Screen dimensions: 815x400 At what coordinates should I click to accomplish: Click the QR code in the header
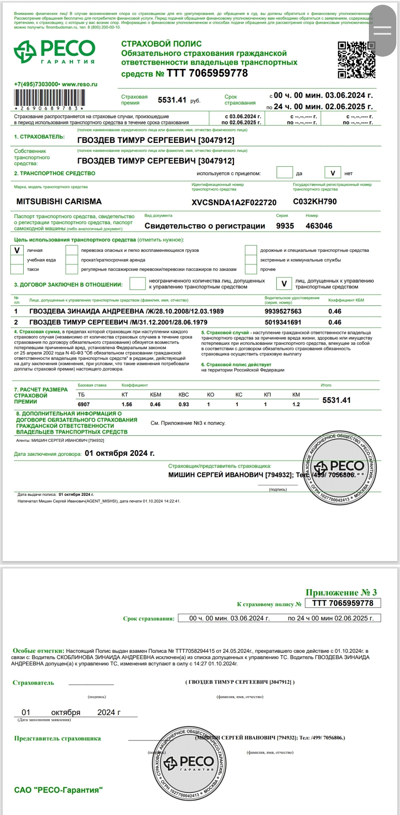pos(356,60)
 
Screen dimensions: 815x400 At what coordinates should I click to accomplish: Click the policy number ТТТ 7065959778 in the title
pos(207,73)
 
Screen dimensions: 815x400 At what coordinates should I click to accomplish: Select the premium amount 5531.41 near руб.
pos(172,100)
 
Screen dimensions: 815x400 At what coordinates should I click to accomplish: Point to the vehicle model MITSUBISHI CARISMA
pos(59,201)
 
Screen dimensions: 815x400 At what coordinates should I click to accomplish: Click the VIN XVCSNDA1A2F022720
pos(234,202)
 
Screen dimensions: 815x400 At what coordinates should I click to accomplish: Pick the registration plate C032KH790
pos(315,201)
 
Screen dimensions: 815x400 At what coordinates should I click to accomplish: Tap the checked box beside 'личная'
pos(17,250)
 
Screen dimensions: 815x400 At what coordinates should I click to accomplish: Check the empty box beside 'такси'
pos(17,269)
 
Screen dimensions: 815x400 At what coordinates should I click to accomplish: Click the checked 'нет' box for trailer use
pos(333,173)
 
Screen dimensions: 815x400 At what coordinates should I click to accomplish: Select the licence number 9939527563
pos(283,311)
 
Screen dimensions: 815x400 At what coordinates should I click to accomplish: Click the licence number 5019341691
pos(283,322)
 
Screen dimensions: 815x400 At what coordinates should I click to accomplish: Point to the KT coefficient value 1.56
pos(127,404)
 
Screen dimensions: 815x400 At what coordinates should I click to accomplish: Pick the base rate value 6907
pos(84,404)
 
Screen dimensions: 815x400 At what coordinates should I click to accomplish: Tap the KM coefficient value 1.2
pos(296,404)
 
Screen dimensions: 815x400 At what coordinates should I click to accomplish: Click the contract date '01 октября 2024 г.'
pos(120,453)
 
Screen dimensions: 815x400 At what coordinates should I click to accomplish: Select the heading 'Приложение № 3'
pos(341,592)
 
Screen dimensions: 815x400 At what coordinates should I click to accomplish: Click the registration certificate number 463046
pos(319,226)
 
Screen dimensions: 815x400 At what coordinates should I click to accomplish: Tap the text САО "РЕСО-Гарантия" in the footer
pos(58,790)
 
